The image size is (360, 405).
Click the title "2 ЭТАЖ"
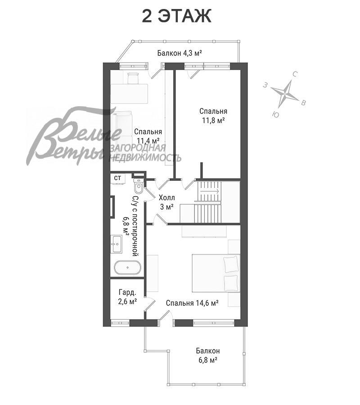[177, 16]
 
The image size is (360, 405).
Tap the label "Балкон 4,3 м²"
[180, 53]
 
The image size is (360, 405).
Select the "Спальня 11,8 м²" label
[213, 116]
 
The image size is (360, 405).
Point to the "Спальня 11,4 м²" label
[148, 136]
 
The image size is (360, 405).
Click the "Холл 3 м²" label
[166, 202]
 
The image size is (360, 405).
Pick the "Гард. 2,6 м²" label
[127, 297]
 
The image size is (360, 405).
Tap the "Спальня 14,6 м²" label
[193, 303]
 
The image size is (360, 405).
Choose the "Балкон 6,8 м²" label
[208, 355]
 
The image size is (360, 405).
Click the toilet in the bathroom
[139, 185]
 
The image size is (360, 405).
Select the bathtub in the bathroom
[128, 268]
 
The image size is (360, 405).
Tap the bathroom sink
[117, 244]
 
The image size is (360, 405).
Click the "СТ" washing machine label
[117, 178]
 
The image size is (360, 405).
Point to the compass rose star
[285, 94]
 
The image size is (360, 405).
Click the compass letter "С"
[295, 74]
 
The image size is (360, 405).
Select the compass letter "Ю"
[275, 114]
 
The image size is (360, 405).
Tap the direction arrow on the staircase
[210, 191]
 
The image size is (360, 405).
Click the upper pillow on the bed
[231, 264]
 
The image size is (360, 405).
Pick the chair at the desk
[133, 78]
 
